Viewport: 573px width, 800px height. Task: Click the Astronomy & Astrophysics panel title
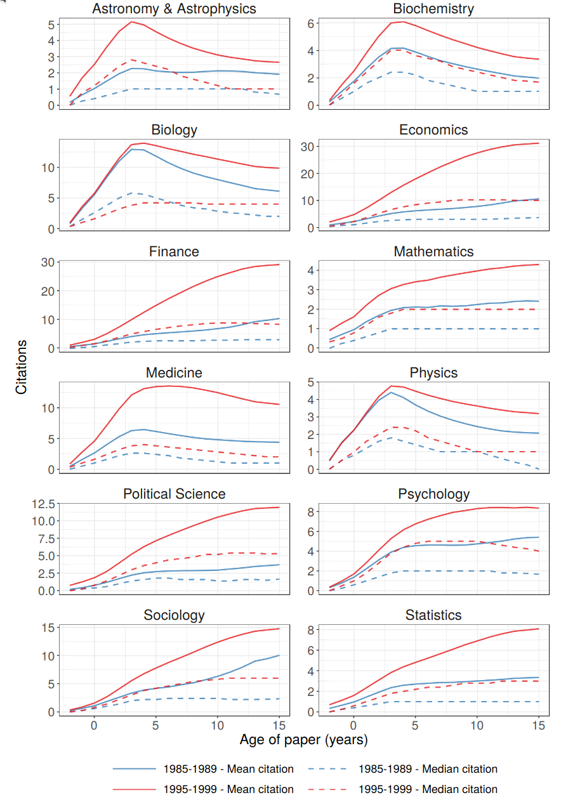174,9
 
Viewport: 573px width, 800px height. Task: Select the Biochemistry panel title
433,9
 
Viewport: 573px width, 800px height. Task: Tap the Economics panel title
433,130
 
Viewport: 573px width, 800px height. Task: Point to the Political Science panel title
174,494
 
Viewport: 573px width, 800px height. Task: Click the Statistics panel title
433,615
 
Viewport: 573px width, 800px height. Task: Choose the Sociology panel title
174,615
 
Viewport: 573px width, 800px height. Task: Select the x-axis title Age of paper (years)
303,740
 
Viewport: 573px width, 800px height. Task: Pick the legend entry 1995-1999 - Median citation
428,789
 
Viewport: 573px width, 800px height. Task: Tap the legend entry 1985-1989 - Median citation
428,769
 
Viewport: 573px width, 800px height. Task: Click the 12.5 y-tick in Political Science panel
40,504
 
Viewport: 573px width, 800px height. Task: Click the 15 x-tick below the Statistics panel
538,725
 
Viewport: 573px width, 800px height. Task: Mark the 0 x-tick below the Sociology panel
94,725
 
